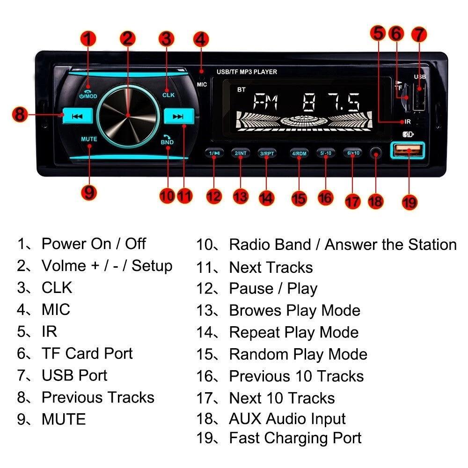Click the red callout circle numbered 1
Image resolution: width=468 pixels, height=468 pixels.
click(x=88, y=39)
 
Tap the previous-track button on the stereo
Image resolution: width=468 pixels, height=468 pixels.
click(x=77, y=116)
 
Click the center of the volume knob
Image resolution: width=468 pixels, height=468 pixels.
click(x=128, y=116)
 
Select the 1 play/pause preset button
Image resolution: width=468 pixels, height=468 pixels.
click(x=214, y=154)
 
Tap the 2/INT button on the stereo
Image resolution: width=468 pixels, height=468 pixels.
click(x=241, y=154)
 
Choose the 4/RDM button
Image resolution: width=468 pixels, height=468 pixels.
click(x=299, y=154)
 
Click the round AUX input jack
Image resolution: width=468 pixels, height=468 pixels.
click(x=376, y=154)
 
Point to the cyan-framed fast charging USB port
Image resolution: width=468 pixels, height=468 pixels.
click(x=408, y=150)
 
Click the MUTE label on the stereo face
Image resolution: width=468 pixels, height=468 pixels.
click(x=89, y=139)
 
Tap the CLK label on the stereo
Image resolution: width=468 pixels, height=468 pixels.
click(x=168, y=95)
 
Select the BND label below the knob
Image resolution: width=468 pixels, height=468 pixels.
click(x=167, y=142)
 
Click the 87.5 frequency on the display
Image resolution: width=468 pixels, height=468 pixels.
click(x=331, y=102)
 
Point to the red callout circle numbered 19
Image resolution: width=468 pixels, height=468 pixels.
click(x=409, y=202)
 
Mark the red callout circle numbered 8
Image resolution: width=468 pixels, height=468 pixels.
click(x=20, y=115)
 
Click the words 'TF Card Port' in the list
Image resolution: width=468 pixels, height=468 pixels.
click(x=87, y=354)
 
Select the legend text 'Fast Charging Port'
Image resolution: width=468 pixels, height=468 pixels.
click(x=295, y=439)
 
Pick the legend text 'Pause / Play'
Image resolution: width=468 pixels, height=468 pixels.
click(x=273, y=289)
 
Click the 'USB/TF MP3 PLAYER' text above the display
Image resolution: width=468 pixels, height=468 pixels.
click(x=247, y=72)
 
